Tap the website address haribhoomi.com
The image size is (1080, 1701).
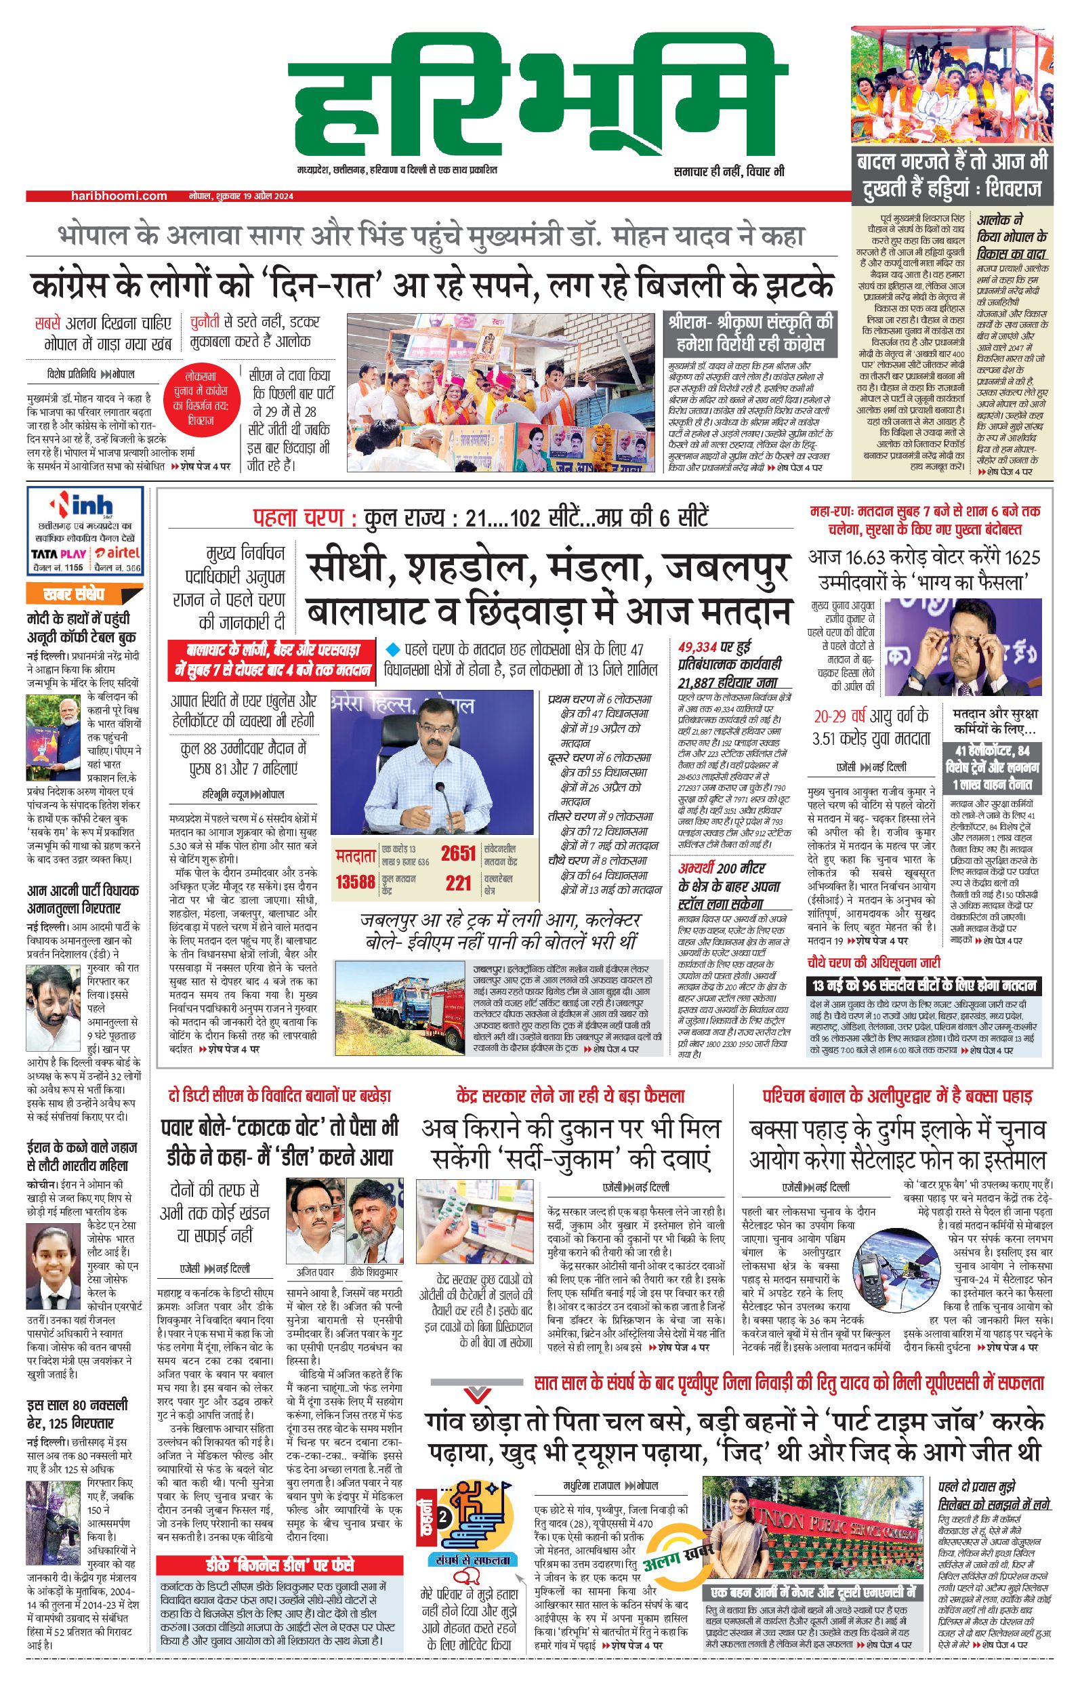[x=119, y=196]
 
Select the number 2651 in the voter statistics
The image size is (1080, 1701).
[x=458, y=853]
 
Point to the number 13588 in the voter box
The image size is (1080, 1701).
[x=355, y=882]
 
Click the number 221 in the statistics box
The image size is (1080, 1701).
[x=458, y=882]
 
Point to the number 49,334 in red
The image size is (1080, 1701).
[x=695, y=647]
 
